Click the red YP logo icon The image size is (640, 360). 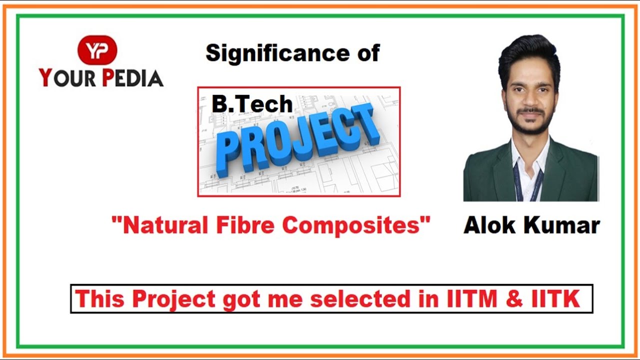click(x=97, y=50)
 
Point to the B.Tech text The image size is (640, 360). click(x=252, y=104)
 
